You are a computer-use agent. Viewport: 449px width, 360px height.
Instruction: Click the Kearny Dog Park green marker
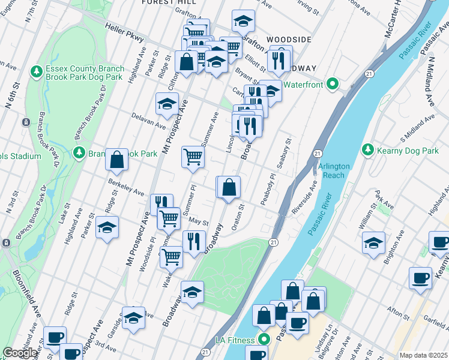click(368, 149)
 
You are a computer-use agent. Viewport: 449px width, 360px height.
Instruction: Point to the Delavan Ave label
click(148, 123)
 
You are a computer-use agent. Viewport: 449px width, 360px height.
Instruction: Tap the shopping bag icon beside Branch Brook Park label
click(117, 160)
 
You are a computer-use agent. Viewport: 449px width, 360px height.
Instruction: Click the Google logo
click(20, 353)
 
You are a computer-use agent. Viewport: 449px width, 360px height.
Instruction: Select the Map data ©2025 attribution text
click(423, 355)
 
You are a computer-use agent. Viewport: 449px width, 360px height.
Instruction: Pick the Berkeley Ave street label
click(126, 188)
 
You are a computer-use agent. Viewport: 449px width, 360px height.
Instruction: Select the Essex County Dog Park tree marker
click(37, 71)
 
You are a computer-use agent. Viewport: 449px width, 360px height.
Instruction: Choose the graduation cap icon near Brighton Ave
click(373, 243)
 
